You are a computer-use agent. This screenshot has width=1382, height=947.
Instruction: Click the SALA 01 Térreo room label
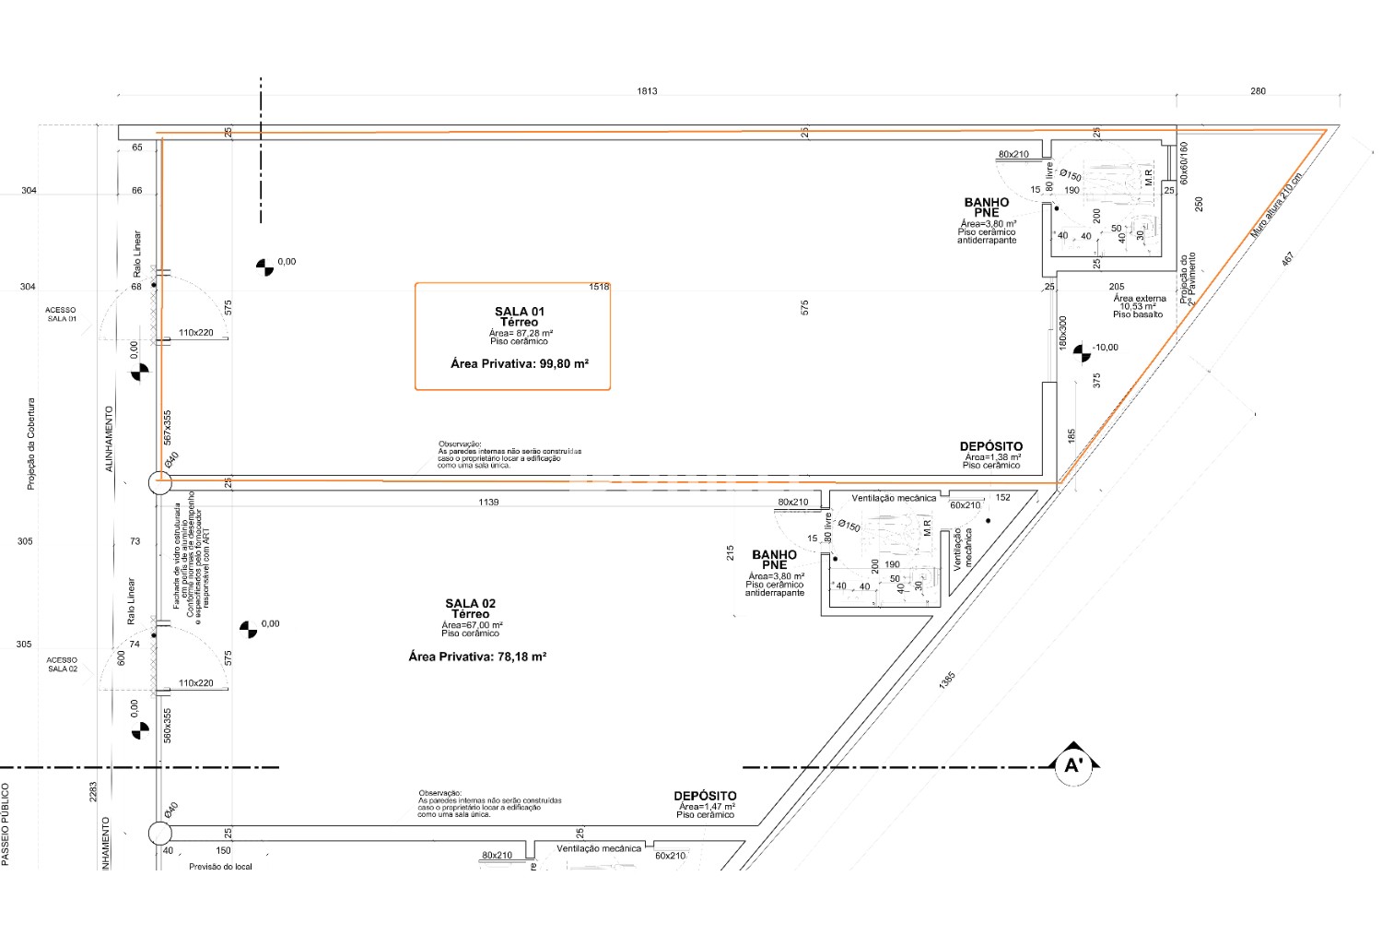pyautogui.click(x=519, y=317)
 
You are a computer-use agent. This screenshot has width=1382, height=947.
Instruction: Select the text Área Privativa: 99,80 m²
pyautogui.click(x=519, y=364)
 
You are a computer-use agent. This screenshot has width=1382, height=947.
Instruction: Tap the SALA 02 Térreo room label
pyautogui.click(x=470, y=609)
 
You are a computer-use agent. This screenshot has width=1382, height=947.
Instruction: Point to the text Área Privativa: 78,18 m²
pyautogui.click(x=477, y=657)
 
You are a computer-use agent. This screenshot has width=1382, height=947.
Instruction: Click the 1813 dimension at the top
pyautogui.click(x=647, y=91)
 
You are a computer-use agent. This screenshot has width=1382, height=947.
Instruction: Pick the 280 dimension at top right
pyautogui.click(x=1258, y=91)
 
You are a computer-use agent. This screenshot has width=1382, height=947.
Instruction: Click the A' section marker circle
pyautogui.click(x=1072, y=765)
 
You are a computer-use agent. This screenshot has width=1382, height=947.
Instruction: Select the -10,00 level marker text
pyautogui.click(x=1105, y=348)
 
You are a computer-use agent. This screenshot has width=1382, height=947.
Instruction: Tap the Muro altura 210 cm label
pyautogui.click(x=1276, y=207)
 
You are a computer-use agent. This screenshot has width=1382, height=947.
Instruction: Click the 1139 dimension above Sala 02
pyautogui.click(x=488, y=503)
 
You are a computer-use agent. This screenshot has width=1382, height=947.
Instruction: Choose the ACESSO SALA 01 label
pyautogui.click(x=62, y=314)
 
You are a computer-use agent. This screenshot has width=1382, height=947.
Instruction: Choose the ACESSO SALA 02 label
pyautogui.click(x=62, y=664)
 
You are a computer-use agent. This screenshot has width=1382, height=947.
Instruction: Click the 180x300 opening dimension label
pyautogui.click(x=1063, y=333)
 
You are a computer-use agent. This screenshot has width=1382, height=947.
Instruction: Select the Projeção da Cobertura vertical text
pyautogui.click(x=30, y=444)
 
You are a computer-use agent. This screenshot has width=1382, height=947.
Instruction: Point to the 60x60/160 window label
pyautogui.click(x=1184, y=160)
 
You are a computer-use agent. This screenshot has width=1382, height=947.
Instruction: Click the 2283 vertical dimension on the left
pyautogui.click(x=93, y=791)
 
